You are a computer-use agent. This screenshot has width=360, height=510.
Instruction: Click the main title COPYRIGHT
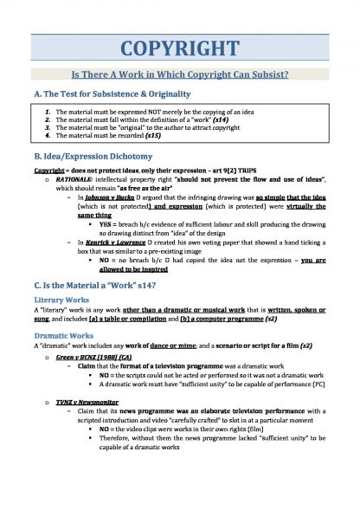180,48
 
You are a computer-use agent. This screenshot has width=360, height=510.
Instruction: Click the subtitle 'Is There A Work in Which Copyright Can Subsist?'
180,76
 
